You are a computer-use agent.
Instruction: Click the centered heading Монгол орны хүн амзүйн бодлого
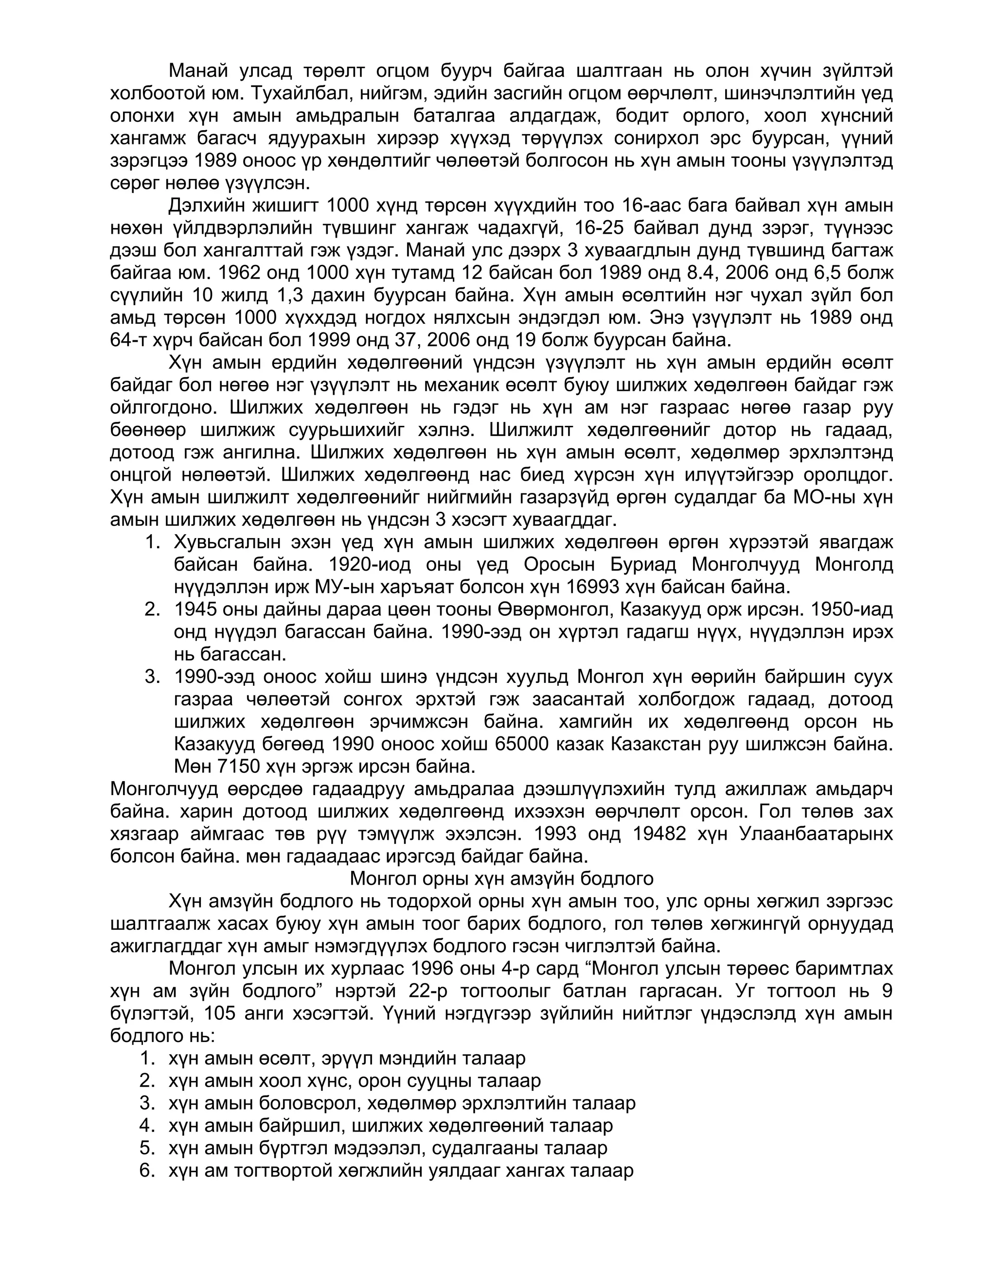tap(501, 879)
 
